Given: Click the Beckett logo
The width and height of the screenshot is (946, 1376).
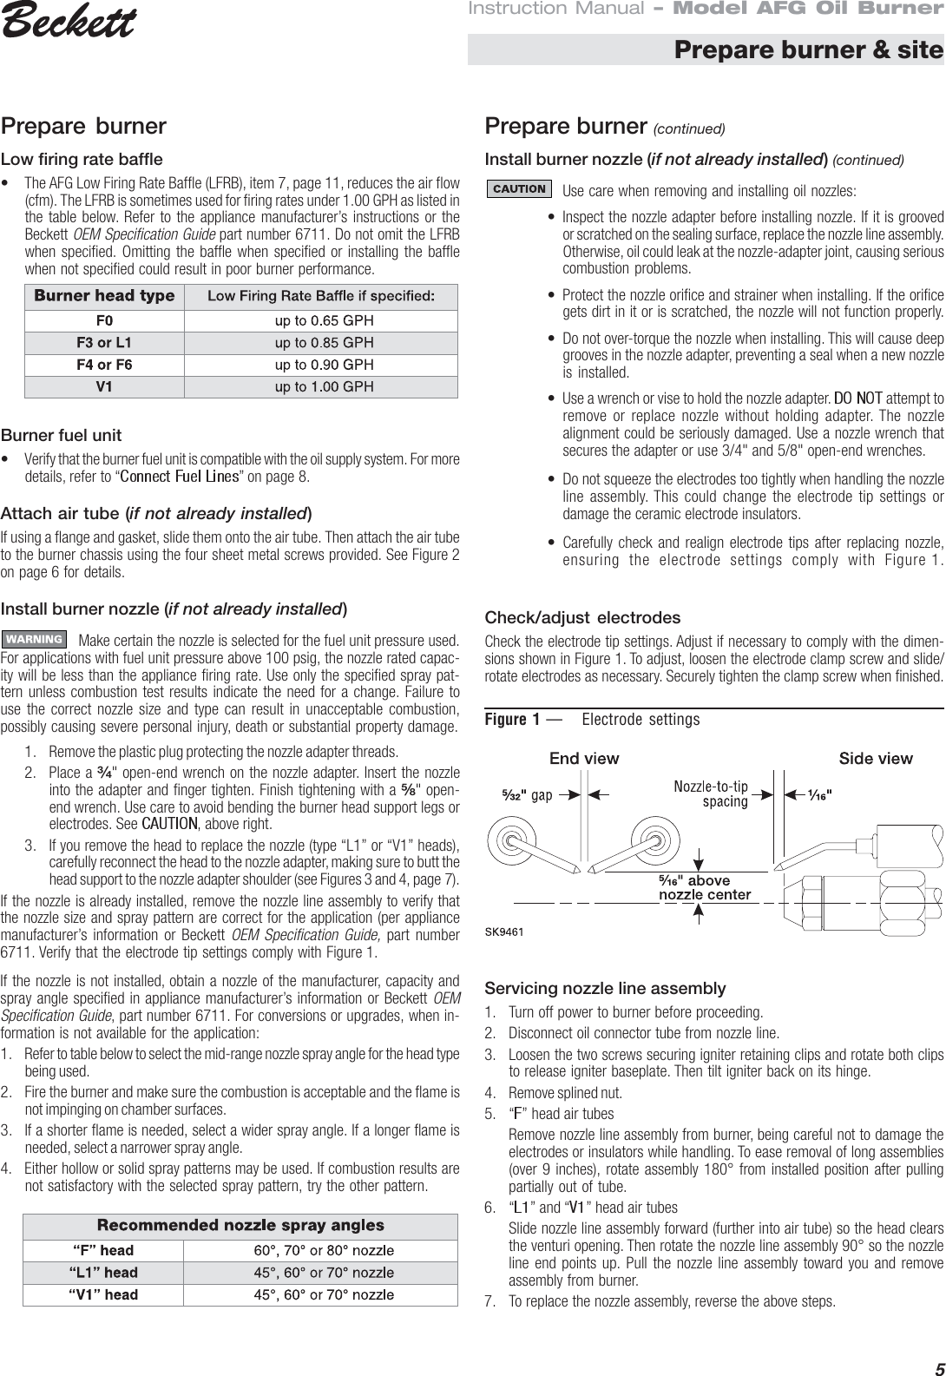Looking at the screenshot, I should (69, 23).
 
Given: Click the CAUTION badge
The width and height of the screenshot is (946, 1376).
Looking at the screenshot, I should (519, 188).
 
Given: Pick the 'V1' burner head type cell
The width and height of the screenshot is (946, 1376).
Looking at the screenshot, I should (104, 387).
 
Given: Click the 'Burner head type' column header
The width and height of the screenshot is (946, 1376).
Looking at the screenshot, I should (104, 296).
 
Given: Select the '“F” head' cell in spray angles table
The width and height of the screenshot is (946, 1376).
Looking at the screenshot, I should (102, 1250).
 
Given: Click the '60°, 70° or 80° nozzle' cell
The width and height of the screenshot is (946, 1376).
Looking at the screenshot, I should (324, 1250).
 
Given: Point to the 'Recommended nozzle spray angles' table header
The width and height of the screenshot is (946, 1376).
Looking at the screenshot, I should (240, 1226).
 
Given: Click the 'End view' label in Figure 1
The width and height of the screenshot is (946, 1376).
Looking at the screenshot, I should (584, 759).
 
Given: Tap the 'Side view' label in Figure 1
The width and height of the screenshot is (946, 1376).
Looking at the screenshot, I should (876, 759).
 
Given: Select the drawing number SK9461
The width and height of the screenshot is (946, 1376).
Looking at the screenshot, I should (503, 932).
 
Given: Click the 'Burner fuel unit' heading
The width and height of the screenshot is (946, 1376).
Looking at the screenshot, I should (62, 435).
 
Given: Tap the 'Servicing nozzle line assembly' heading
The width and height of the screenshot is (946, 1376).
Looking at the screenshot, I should (605, 988).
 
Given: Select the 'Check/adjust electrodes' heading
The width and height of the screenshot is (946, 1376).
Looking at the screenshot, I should (582, 618).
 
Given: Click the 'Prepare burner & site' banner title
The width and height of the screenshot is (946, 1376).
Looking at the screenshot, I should (808, 49).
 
